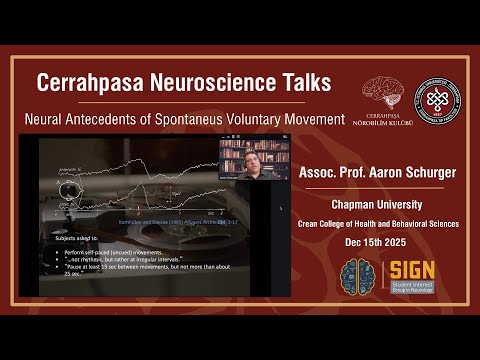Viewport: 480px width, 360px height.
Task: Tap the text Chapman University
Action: click(377, 204)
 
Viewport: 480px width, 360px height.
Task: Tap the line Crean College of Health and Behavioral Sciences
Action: click(377, 224)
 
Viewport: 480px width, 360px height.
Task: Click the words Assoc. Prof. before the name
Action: click(323, 173)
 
